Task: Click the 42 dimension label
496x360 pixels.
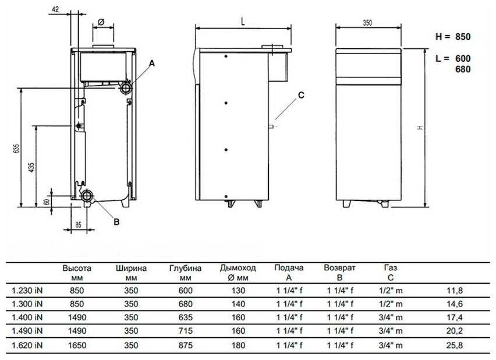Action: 55,9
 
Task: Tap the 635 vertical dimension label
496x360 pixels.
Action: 16,149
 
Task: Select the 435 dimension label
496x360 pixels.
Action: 31,168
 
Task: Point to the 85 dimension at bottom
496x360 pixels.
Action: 79,224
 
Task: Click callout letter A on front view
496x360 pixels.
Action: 152,63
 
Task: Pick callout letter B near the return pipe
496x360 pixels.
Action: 116,222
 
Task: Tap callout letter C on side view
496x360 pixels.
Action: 301,95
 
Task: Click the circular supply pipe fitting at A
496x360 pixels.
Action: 125,88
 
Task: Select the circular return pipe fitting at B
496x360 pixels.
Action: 87,196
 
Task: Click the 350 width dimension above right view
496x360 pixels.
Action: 367,23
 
